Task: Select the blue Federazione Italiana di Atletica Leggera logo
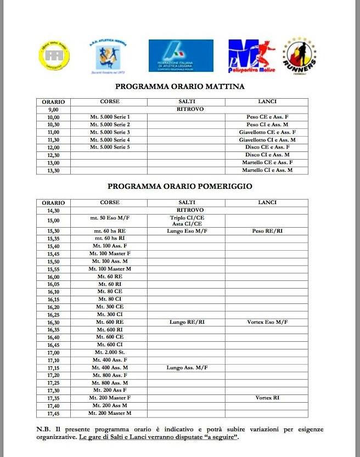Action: (x=181, y=55)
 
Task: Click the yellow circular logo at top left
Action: (x=54, y=55)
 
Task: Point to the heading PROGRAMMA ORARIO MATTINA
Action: (x=180, y=87)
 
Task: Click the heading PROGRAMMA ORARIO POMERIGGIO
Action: (x=180, y=187)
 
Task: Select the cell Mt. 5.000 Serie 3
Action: (x=110, y=132)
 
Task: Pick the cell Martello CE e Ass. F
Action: (x=267, y=163)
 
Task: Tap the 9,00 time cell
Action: (x=53, y=110)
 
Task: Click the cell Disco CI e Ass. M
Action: (x=267, y=155)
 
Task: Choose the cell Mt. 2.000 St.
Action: (x=110, y=352)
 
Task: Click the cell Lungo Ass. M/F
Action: (x=187, y=368)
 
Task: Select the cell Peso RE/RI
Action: (x=267, y=232)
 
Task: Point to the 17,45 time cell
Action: (x=53, y=413)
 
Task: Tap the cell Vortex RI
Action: (x=267, y=398)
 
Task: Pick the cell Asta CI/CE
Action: (x=187, y=224)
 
